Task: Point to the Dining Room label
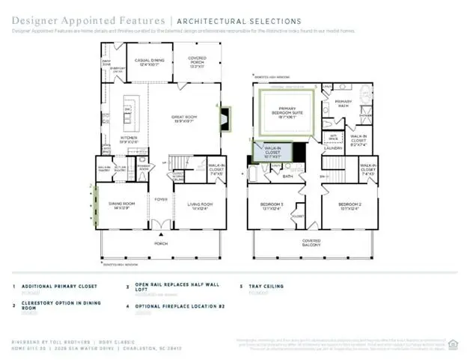pyautogui.click(x=123, y=205)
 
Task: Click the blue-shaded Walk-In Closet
pyautogui.click(x=272, y=153)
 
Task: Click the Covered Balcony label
pyautogui.click(x=311, y=242)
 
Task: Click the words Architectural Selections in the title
pyautogui.click(x=239, y=22)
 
